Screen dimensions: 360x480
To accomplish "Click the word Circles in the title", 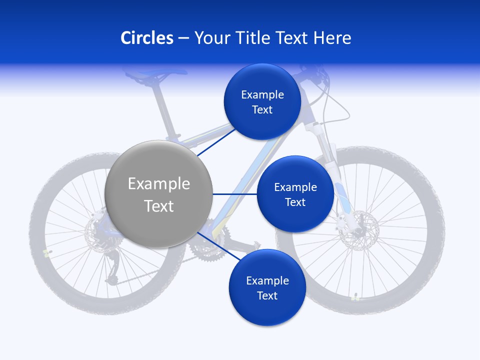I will (x=146, y=38).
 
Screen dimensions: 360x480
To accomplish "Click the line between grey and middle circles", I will (x=234, y=194).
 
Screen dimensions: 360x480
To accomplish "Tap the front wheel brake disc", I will (x=358, y=227).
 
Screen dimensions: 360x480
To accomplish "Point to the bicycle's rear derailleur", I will (x=112, y=270).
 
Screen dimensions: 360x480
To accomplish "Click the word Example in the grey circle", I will (x=158, y=184).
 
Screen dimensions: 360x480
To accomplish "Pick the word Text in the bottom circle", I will (x=267, y=295).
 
